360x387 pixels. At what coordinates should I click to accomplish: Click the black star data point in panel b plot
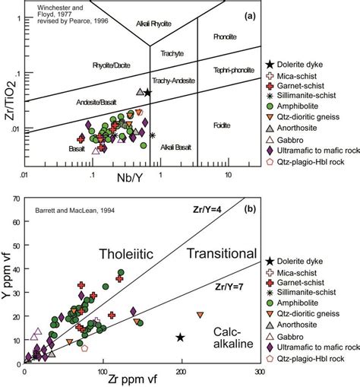(180, 337)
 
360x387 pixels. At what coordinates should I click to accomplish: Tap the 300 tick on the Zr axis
(259, 370)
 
